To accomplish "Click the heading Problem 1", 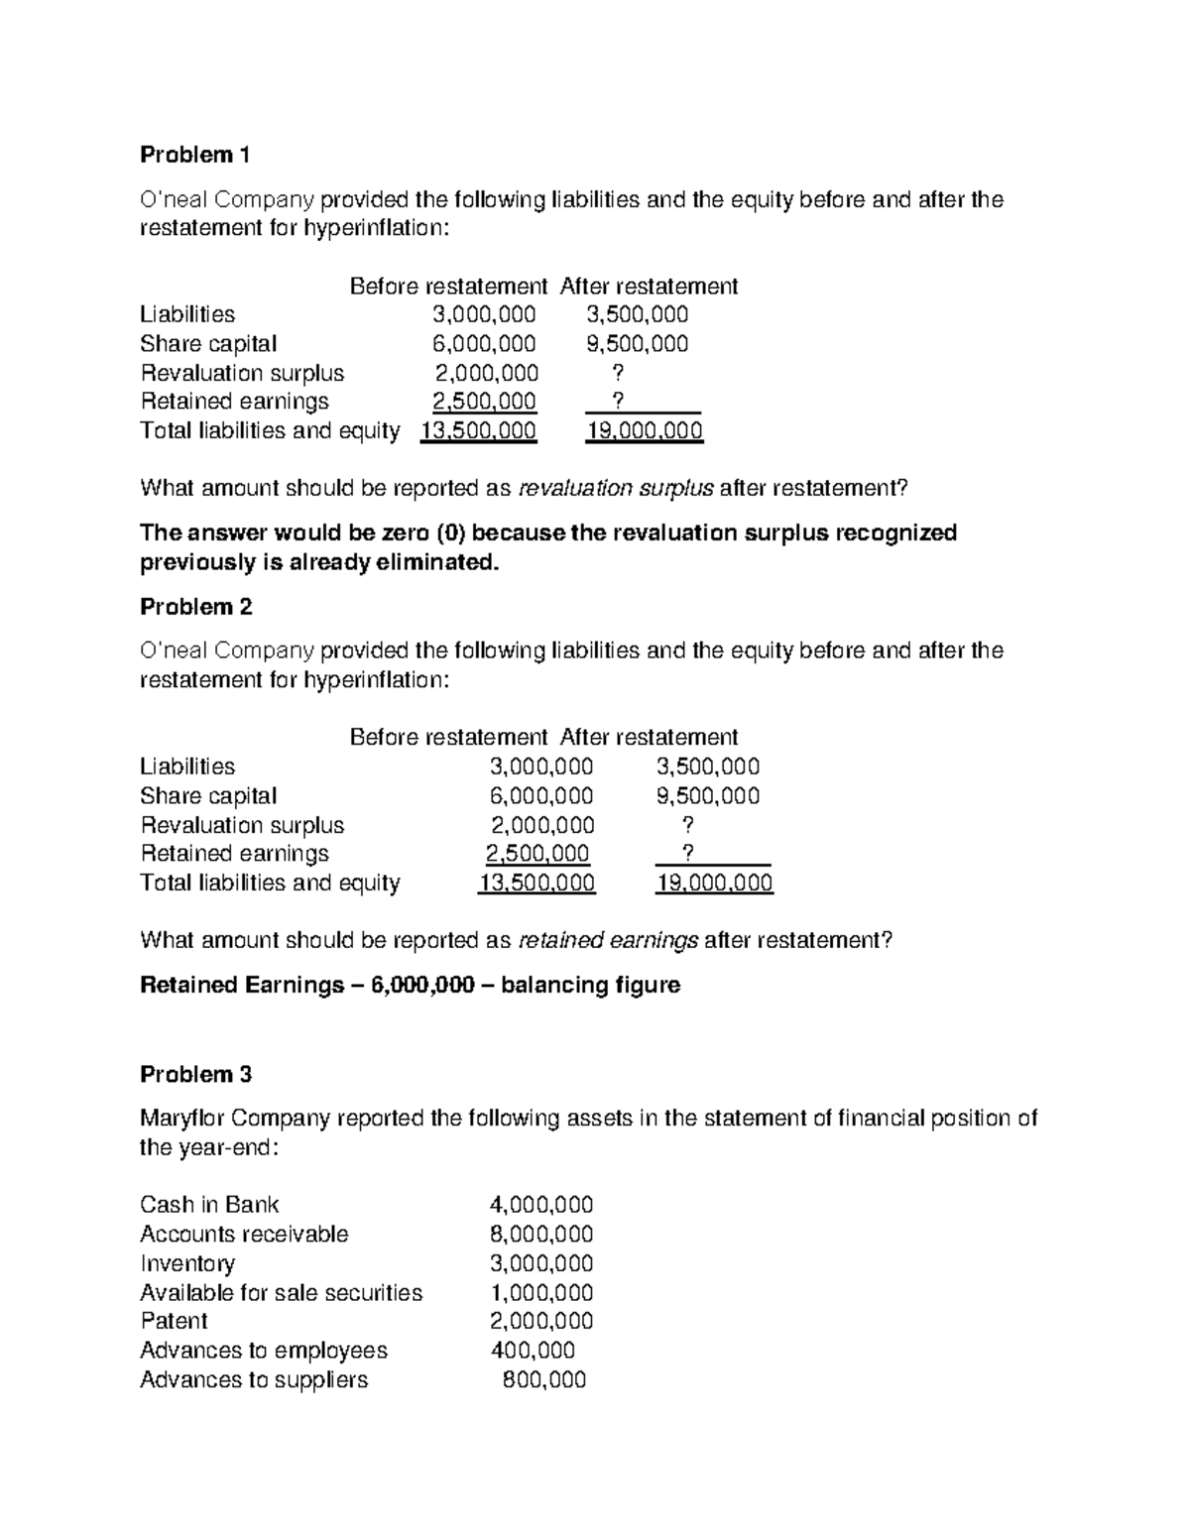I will pyautogui.click(x=195, y=155).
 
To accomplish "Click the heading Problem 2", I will pyautogui.click(x=196, y=607).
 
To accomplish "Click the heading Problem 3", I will pyautogui.click(x=196, y=1074).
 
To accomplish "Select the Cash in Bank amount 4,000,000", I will pyautogui.click(x=541, y=1205).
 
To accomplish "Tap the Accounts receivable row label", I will pyautogui.click(x=244, y=1234).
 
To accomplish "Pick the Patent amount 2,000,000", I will pyautogui.click(x=541, y=1321).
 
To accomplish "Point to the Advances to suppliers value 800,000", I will pyautogui.click(x=544, y=1379).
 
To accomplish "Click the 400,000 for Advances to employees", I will pyautogui.click(x=533, y=1350).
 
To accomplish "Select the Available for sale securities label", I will pyautogui.click(x=281, y=1292).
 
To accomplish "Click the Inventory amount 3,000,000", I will pyautogui.click(x=541, y=1263).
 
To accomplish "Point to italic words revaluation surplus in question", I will pyautogui.click(x=616, y=488).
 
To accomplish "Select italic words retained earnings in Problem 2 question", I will pyautogui.click(x=608, y=940).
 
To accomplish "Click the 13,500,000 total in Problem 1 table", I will pyautogui.click(x=479, y=430).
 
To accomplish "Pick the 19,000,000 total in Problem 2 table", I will pyautogui.click(x=714, y=883).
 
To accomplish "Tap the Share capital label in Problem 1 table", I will pyautogui.click(x=208, y=343).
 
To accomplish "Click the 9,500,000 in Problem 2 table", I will pyautogui.click(x=708, y=795).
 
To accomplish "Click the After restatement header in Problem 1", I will pyautogui.click(x=649, y=287).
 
